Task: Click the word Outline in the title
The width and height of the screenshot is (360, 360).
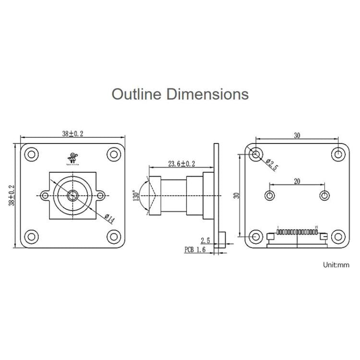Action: point(137,94)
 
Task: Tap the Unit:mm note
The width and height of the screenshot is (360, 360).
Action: point(336,264)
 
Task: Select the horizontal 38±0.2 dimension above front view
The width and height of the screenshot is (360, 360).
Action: point(72,134)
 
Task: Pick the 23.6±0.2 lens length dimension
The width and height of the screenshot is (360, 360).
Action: point(181,164)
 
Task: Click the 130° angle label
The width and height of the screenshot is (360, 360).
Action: point(136,196)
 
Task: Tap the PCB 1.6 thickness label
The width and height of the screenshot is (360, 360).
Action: point(195,250)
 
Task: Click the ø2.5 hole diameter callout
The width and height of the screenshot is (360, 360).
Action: point(272,165)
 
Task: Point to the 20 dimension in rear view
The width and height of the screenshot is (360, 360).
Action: point(297,181)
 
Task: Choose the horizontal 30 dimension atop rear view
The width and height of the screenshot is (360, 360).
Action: point(297,136)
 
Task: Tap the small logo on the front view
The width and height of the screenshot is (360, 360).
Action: point(73,158)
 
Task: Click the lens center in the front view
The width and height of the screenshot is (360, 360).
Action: point(73,195)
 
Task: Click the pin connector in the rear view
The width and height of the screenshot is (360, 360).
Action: point(297,234)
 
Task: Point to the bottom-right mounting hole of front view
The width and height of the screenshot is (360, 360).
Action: point(114,236)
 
